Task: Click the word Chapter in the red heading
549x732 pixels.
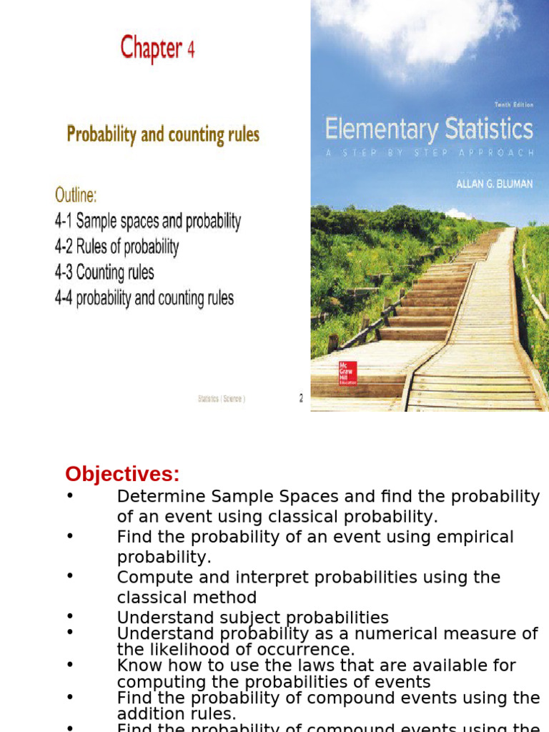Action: click(x=150, y=49)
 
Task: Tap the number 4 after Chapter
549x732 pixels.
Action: click(x=190, y=50)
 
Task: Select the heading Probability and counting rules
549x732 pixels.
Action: click(x=163, y=134)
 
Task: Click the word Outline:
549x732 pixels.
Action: click(x=76, y=194)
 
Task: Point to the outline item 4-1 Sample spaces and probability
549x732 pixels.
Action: click(x=148, y=222)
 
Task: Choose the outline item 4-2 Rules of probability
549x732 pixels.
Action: click(x=117, y=247)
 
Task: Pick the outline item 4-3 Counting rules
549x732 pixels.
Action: click(x=104, y=272)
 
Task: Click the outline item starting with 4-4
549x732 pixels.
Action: click(x=144, y=298)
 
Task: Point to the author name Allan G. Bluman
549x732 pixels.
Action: click(x=495, y=184)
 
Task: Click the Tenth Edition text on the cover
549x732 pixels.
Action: click(x=513, y=105)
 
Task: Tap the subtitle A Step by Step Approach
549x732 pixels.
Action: click(x=429, y=152)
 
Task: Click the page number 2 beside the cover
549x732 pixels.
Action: click(x=301, y=400)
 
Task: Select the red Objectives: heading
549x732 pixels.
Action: click(x=122, y=474)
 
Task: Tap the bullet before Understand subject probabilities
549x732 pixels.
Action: click(x=69, y=615)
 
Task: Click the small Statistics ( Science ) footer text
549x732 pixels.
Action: click(x=222, y=400)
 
